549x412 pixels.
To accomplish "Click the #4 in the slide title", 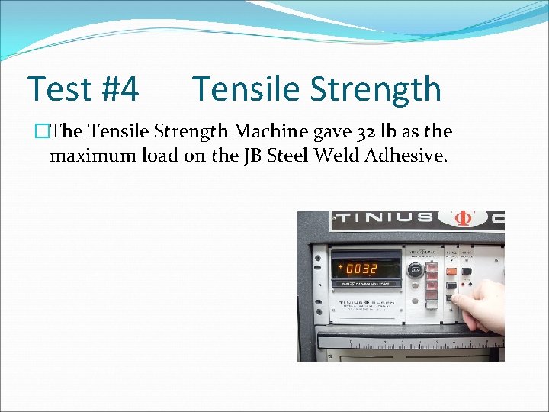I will tap(119, 89).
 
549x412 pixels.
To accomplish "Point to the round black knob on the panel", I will tap(416, 269).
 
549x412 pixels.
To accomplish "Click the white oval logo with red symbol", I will tap(461, 218).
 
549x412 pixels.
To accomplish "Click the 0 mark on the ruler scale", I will tap(350, 341).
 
